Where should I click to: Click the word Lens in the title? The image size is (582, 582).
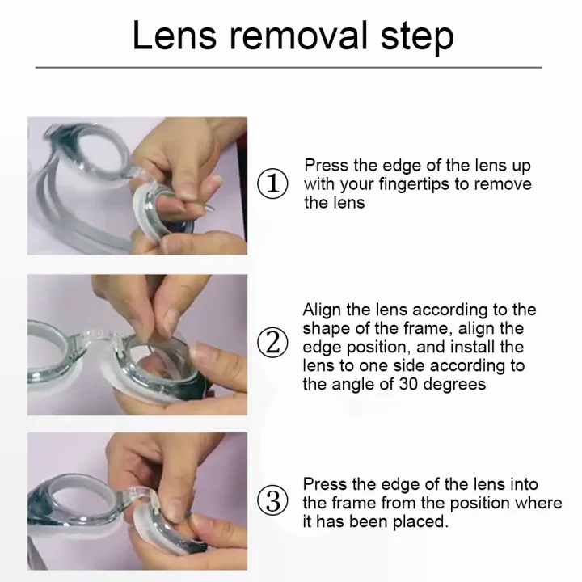pyautogui.click(x=174, y=36)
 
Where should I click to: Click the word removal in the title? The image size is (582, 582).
pyautogui.click(x=298, y=36)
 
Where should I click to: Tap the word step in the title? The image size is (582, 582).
pyautogui.click(x=417, y=38)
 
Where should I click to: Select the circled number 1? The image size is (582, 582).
pyautogui.click(x=272, y=183)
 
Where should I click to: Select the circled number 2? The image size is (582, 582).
pyautogui.click(x=272, y=342)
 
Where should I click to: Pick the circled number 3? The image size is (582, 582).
pyautogui.click(x=272, y=500)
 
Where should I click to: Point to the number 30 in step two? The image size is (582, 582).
pyautogui.click(x=409, y=384)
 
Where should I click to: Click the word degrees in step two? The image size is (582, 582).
pyautogui.click(x=454, y=385)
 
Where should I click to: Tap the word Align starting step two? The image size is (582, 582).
pyautogui.click(x=322, y=310)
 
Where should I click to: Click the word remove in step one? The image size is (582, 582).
pyautogui.click(x=503, y=184)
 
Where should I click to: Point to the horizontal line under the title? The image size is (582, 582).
pyautogui.click(x=289, y=68)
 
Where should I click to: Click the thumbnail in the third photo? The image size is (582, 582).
pyautogui.click(x=168, y=504)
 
